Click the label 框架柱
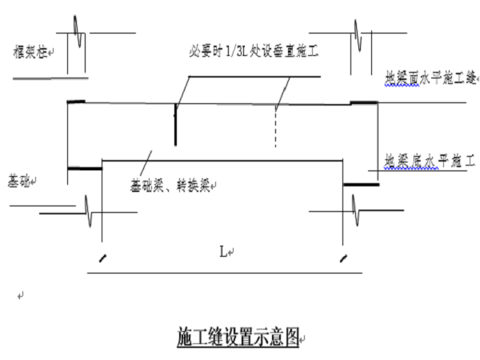point(25,52)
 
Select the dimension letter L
point(224,252)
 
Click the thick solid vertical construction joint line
point(175,124)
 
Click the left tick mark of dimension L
point(102,258)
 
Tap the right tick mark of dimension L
point(343,258)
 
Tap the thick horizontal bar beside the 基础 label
point(84,168)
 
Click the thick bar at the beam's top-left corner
point(76,102)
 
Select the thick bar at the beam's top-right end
point(364,102)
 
